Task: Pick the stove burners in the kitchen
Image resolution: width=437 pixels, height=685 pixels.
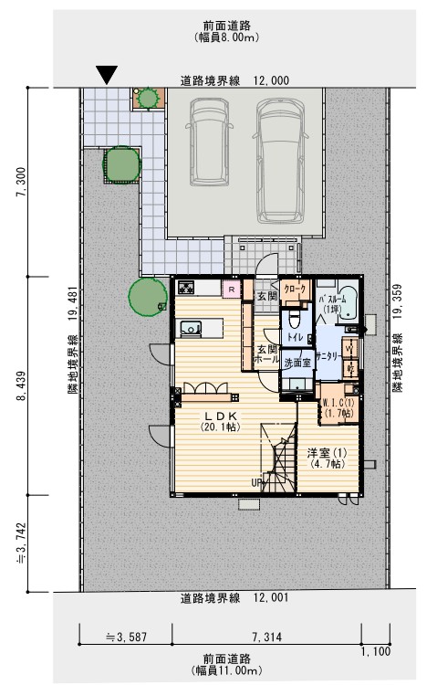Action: [188, 289]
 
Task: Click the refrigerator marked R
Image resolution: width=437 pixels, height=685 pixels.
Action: [232, 290]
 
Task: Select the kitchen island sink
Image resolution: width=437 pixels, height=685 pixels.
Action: [190, 327]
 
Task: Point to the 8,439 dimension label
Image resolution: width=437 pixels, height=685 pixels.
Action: [21, 385]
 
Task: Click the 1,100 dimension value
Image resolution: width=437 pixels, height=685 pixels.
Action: [375, 651]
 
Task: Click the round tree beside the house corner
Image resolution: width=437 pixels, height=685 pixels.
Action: [146, 294]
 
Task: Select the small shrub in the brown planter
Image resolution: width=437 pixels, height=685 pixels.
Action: [146, 95]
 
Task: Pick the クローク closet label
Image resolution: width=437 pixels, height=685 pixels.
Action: [295, 289]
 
